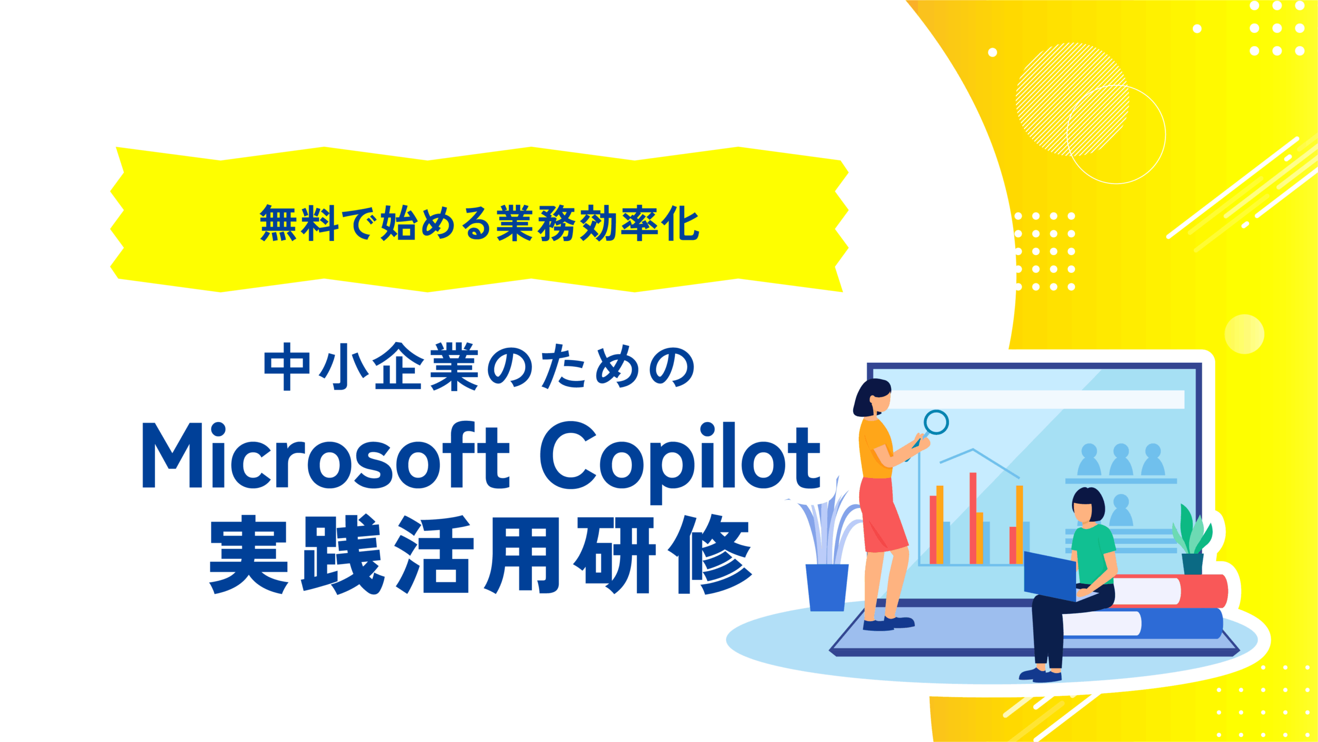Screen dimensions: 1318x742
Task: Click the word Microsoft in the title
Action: tap(325, 455)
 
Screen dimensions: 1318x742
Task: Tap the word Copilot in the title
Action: tap(680, 461)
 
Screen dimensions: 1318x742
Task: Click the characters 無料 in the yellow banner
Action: tap(299, 223)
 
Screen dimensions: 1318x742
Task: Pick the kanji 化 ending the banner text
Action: tap(680, 223)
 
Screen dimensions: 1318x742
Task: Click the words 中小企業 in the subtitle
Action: tap(371, 367)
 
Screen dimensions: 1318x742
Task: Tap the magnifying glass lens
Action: tap(936, 422)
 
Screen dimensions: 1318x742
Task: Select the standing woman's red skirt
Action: tap(881, 515)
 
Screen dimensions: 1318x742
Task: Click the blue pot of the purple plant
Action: tap(827, 587)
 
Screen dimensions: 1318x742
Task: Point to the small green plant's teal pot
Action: tap(1193, 563)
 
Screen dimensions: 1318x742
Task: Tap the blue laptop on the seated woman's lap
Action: tap(1050, 576)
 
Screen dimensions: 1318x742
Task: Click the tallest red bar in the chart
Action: tap(973, 518)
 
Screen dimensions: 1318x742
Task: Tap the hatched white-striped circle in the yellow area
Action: tap(1072, 99)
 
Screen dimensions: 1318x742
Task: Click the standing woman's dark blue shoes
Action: tap(888, 624)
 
